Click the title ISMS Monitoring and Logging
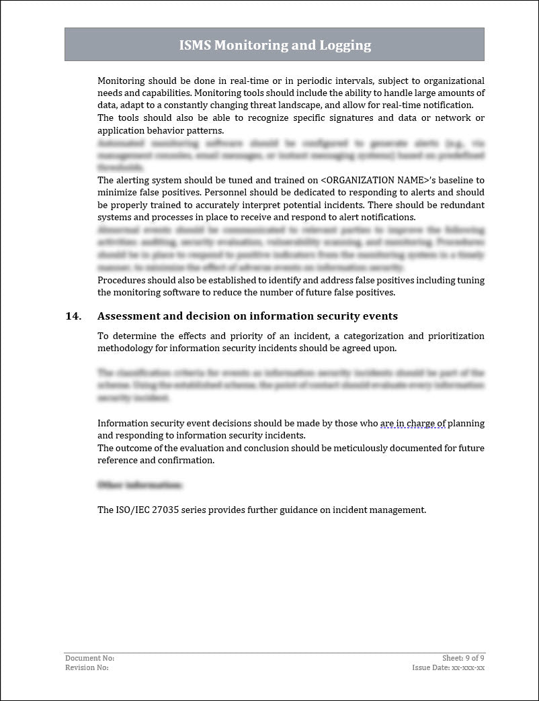[x=274, y=45]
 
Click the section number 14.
[x=73, y=316]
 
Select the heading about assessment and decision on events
[x=247, y=316]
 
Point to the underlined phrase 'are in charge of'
[x=413, y=423]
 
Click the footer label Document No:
[x=89, y=658]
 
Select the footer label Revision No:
[x=87, y=667]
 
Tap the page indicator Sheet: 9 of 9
[x=463, y=658]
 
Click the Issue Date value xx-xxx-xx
[x=468, y=667]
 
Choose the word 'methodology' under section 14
[x=132, y=348]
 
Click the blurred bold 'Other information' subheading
[x=139, y=485]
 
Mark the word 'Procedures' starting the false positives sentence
[x=121, y=280]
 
